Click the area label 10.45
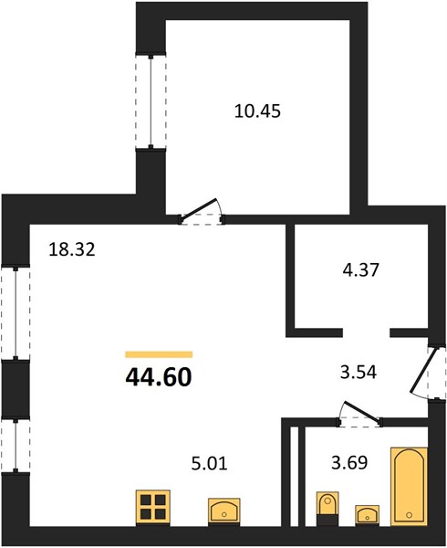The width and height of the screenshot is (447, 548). pyautogui.click(x=257, y=111)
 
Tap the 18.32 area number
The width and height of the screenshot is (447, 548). pyautogui.click(x=72, y=249)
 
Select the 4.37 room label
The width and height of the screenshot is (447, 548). pyautogui.click(x=360, y=269)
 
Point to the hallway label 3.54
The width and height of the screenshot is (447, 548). pyautogui.click(x=359, y=373)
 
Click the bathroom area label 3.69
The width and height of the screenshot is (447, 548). pyautogui.click(x=349, y=463)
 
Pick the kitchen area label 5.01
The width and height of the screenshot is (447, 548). pyautogui.click(x=210, y=463)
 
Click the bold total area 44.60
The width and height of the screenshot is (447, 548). pyautogui.click(x=159, y=378)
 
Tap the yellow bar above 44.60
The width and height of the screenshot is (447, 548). pyautogui.click(x=159, y=354)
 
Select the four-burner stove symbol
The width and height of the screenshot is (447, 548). pyautogui.click(x=153, y=508)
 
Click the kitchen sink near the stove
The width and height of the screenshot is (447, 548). pyautogui.click(x=224, y=511)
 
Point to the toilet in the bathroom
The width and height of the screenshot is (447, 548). pyautogui.click(x=327, y=508)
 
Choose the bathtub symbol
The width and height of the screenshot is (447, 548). pyautogui.click(x=409, y=486)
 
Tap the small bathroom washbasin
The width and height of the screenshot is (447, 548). pyautogui.click(x=367, y=514)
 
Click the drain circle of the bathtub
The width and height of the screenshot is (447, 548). pyautogui.click(x=409, y=515)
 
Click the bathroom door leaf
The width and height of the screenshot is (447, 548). pyautogui.click(x=361, y=411)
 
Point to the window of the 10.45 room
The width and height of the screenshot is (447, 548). pyautogui.click(x=151, y=101)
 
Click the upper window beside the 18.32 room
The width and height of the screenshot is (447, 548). pyautogui.click(x=16, y=313)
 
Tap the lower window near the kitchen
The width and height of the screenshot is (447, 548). pyautogui.click(x=16, y=445)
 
